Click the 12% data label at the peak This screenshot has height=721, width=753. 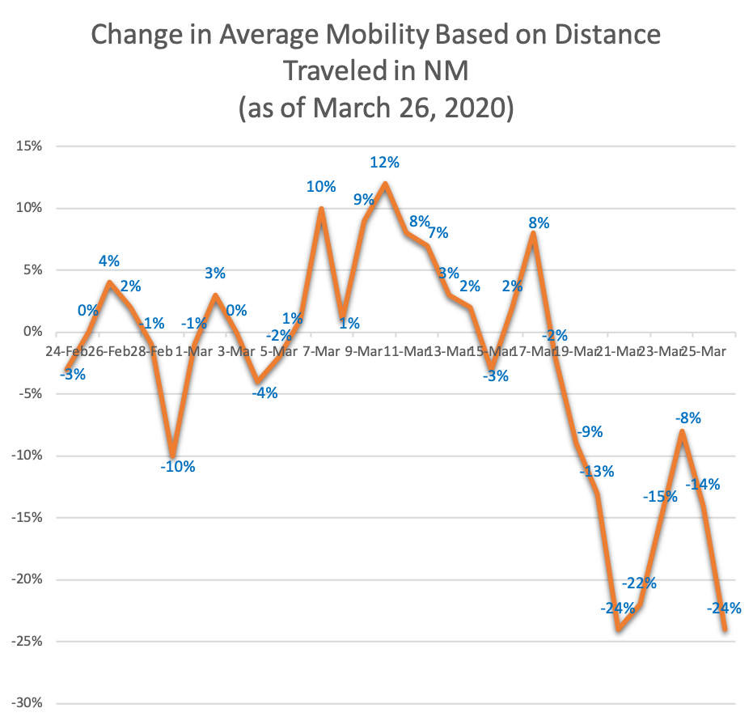(x=385, y=162)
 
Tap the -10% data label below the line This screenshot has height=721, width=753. (x=178, y=466)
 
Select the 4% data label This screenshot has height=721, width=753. (x=109, y=261)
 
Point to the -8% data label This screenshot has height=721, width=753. (x=688, y=418)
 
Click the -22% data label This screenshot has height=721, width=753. (x=639, y=583)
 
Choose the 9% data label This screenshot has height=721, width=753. (x=363, y=200)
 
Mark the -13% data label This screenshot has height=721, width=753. (x=597, y=471)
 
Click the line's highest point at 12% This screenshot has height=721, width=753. (x=385, y=183)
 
